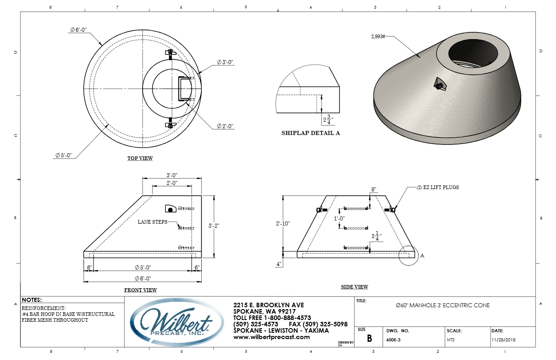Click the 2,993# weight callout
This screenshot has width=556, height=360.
[378, 36]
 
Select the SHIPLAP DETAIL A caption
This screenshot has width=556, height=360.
[311, 133]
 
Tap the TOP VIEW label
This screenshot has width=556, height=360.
[140, 158]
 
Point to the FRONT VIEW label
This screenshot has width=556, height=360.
[140, 290]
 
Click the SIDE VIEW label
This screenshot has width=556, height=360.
[354, 287]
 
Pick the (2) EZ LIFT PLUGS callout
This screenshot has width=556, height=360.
[437, 187]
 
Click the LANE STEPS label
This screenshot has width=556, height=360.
[153, 222]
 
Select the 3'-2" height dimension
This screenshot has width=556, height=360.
[214, 225]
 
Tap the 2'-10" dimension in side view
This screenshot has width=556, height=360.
[283, 223]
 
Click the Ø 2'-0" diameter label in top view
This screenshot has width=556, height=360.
[225, 126]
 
